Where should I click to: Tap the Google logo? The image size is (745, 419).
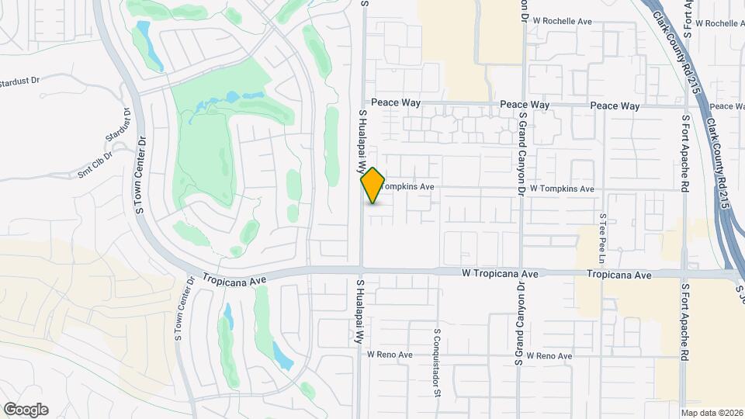tap(26, 409)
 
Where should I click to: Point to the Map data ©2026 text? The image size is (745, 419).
tap(711, 413)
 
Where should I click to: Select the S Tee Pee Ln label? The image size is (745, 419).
tap(602, 237)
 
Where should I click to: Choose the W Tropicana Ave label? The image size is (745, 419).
tap(500, 274)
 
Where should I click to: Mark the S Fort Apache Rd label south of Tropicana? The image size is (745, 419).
tap(685, 319)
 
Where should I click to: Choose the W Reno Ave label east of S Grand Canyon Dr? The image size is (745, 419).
tap(549, 356)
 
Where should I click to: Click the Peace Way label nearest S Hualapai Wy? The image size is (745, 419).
tap(396, 103)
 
